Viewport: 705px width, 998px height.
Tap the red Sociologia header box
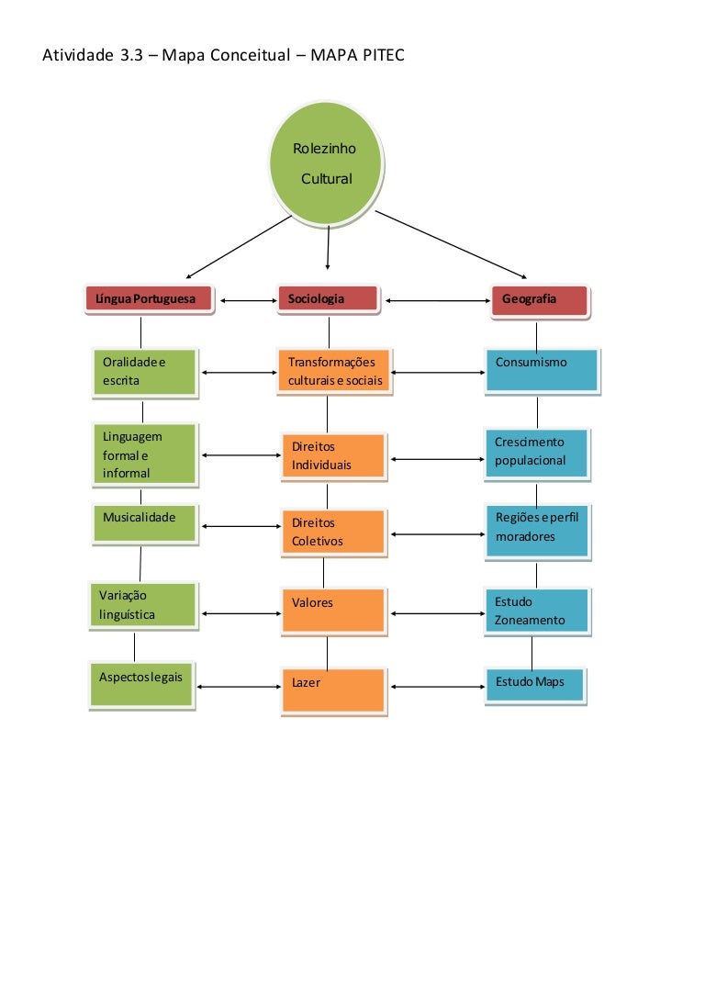(x=328, y=298)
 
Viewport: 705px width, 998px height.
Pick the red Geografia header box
(x=538, y=299)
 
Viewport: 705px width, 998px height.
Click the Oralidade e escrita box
(x=144, y=371)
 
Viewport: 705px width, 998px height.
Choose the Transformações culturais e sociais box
(x=333, y=371)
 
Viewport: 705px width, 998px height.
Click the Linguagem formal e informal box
(x=144, y=454)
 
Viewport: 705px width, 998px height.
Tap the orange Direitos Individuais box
(x=332, y=456)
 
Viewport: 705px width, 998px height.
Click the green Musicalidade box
(x=145, y=523)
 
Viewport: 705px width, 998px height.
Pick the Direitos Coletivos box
(x=332, y=532)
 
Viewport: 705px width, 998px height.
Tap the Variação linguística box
(x=143, y=605)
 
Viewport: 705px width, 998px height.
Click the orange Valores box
(x=332, y=611)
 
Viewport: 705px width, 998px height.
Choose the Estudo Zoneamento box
(x=538, y=611)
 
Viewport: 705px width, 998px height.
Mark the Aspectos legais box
(x=141, y=684)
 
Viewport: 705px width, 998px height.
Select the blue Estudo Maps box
(x=534, y=684)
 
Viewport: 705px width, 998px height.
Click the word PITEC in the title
(x=384, y=57)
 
